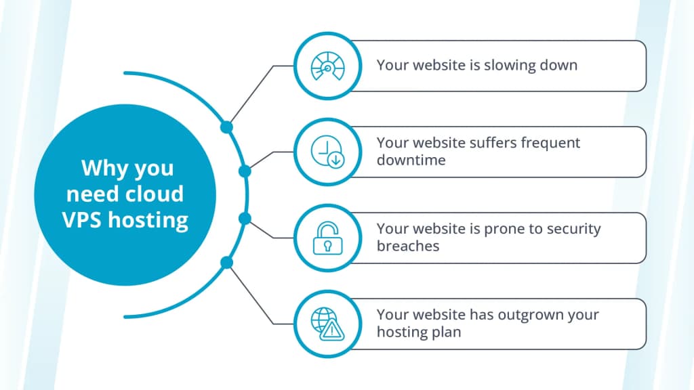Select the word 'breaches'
click(x=408, y=246)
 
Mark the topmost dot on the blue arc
click(x=226, y=127)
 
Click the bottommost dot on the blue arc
click(x=226, y=262)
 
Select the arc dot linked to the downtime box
click(x=245, y=171)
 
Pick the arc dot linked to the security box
click(x=245, y=218)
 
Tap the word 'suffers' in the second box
click(x=492, y=143)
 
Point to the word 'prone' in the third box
click(x=503, y=230)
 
